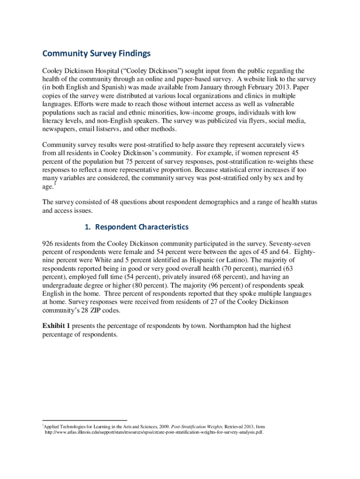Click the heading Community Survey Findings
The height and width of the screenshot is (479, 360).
[96, 54]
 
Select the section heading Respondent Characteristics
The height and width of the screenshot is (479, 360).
[136, 227]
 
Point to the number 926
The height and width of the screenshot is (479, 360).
[48, 244]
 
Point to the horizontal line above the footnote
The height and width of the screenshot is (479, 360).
[85, 421]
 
